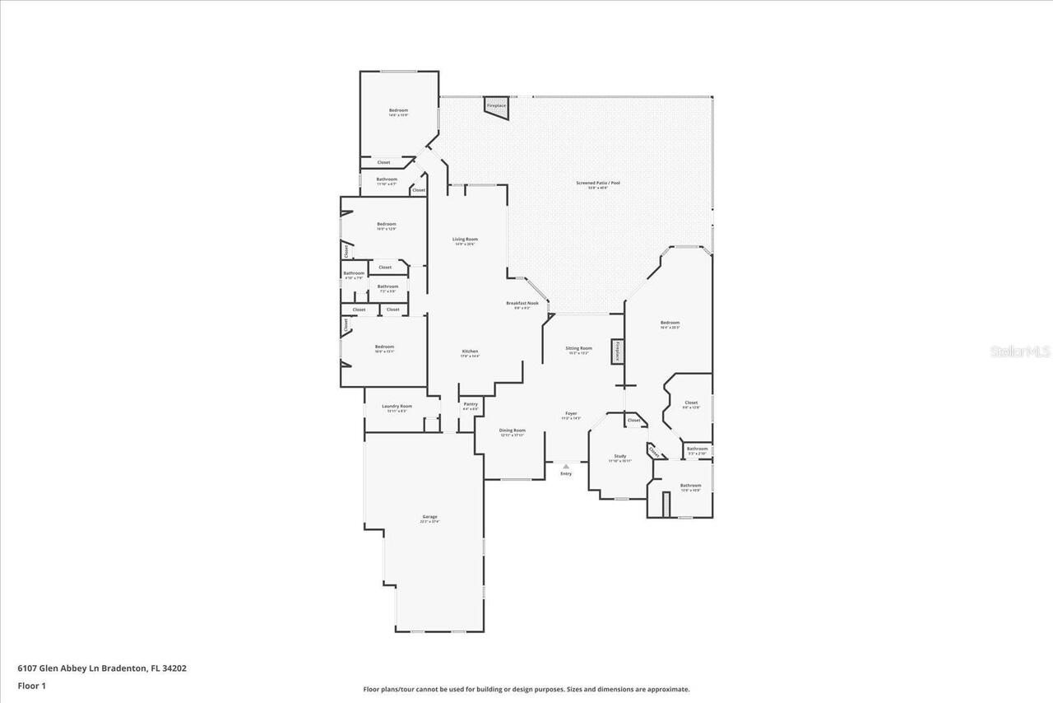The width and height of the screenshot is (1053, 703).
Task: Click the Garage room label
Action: tap(429, 517)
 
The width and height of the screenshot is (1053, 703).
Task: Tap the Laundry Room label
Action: tap(397, 406)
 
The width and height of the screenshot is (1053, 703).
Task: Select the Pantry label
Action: tap(470, 404)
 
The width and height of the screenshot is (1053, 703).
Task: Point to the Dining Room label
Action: tap(512, 431)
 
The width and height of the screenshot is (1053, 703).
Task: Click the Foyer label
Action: tap(570, 414)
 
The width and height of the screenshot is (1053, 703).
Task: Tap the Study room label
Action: tap(619, 457)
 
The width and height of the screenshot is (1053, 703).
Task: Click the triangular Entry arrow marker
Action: tap(566, 467)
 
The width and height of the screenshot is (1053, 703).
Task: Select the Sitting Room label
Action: tap(578, 348)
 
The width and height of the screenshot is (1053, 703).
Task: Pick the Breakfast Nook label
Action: tap(522, 304)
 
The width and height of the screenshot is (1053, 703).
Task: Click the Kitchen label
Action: tap(469, 352)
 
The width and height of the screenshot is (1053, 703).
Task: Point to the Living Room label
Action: tap(465, 240)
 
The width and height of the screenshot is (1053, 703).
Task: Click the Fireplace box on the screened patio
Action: tap(495, 105)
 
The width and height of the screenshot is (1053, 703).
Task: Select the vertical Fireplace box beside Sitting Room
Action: tap(616, 351)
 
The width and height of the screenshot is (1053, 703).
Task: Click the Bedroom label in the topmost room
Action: tap(398, 110)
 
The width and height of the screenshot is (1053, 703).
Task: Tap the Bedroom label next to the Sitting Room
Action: tap(670, 324)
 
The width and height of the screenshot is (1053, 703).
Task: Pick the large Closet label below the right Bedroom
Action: tap(691, 403)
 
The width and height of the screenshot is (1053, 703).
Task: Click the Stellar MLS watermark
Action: tap(1020, 351)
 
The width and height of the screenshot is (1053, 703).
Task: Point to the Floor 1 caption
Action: tap(31, 685)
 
